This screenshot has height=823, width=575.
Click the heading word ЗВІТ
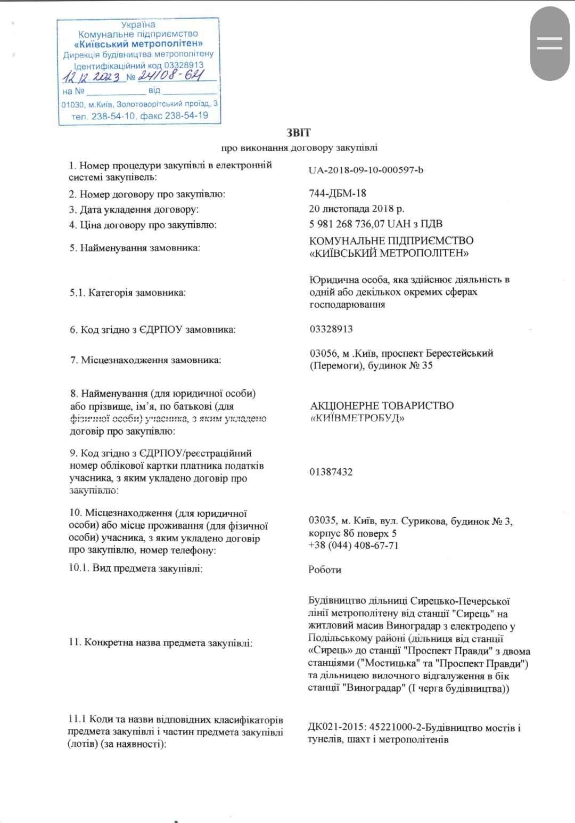tap(299, 133)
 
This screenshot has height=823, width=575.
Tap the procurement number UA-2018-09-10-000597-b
tap(366, 170)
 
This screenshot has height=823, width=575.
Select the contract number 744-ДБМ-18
tap(338, 193)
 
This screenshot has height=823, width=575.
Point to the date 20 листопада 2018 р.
tap(356, 209)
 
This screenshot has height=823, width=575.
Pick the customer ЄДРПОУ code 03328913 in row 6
tap(331, 329)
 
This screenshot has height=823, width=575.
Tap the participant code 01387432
tap(331, 472)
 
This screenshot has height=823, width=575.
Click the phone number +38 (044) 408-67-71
tap(354, 545)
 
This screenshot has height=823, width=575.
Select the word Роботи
tap(325, 569)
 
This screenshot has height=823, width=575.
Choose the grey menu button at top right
tap(549, 44)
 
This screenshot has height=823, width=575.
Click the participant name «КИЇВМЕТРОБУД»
tap(357, 418)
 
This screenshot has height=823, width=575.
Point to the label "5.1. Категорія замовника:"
tap(128, 292)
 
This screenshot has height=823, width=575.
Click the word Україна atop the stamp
tap(138, 25)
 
